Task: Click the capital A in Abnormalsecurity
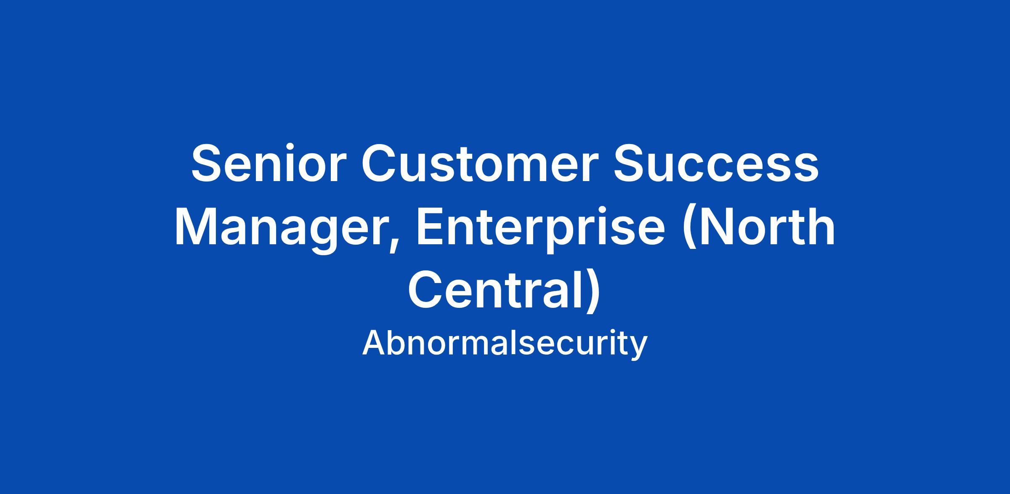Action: [375, 343]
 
